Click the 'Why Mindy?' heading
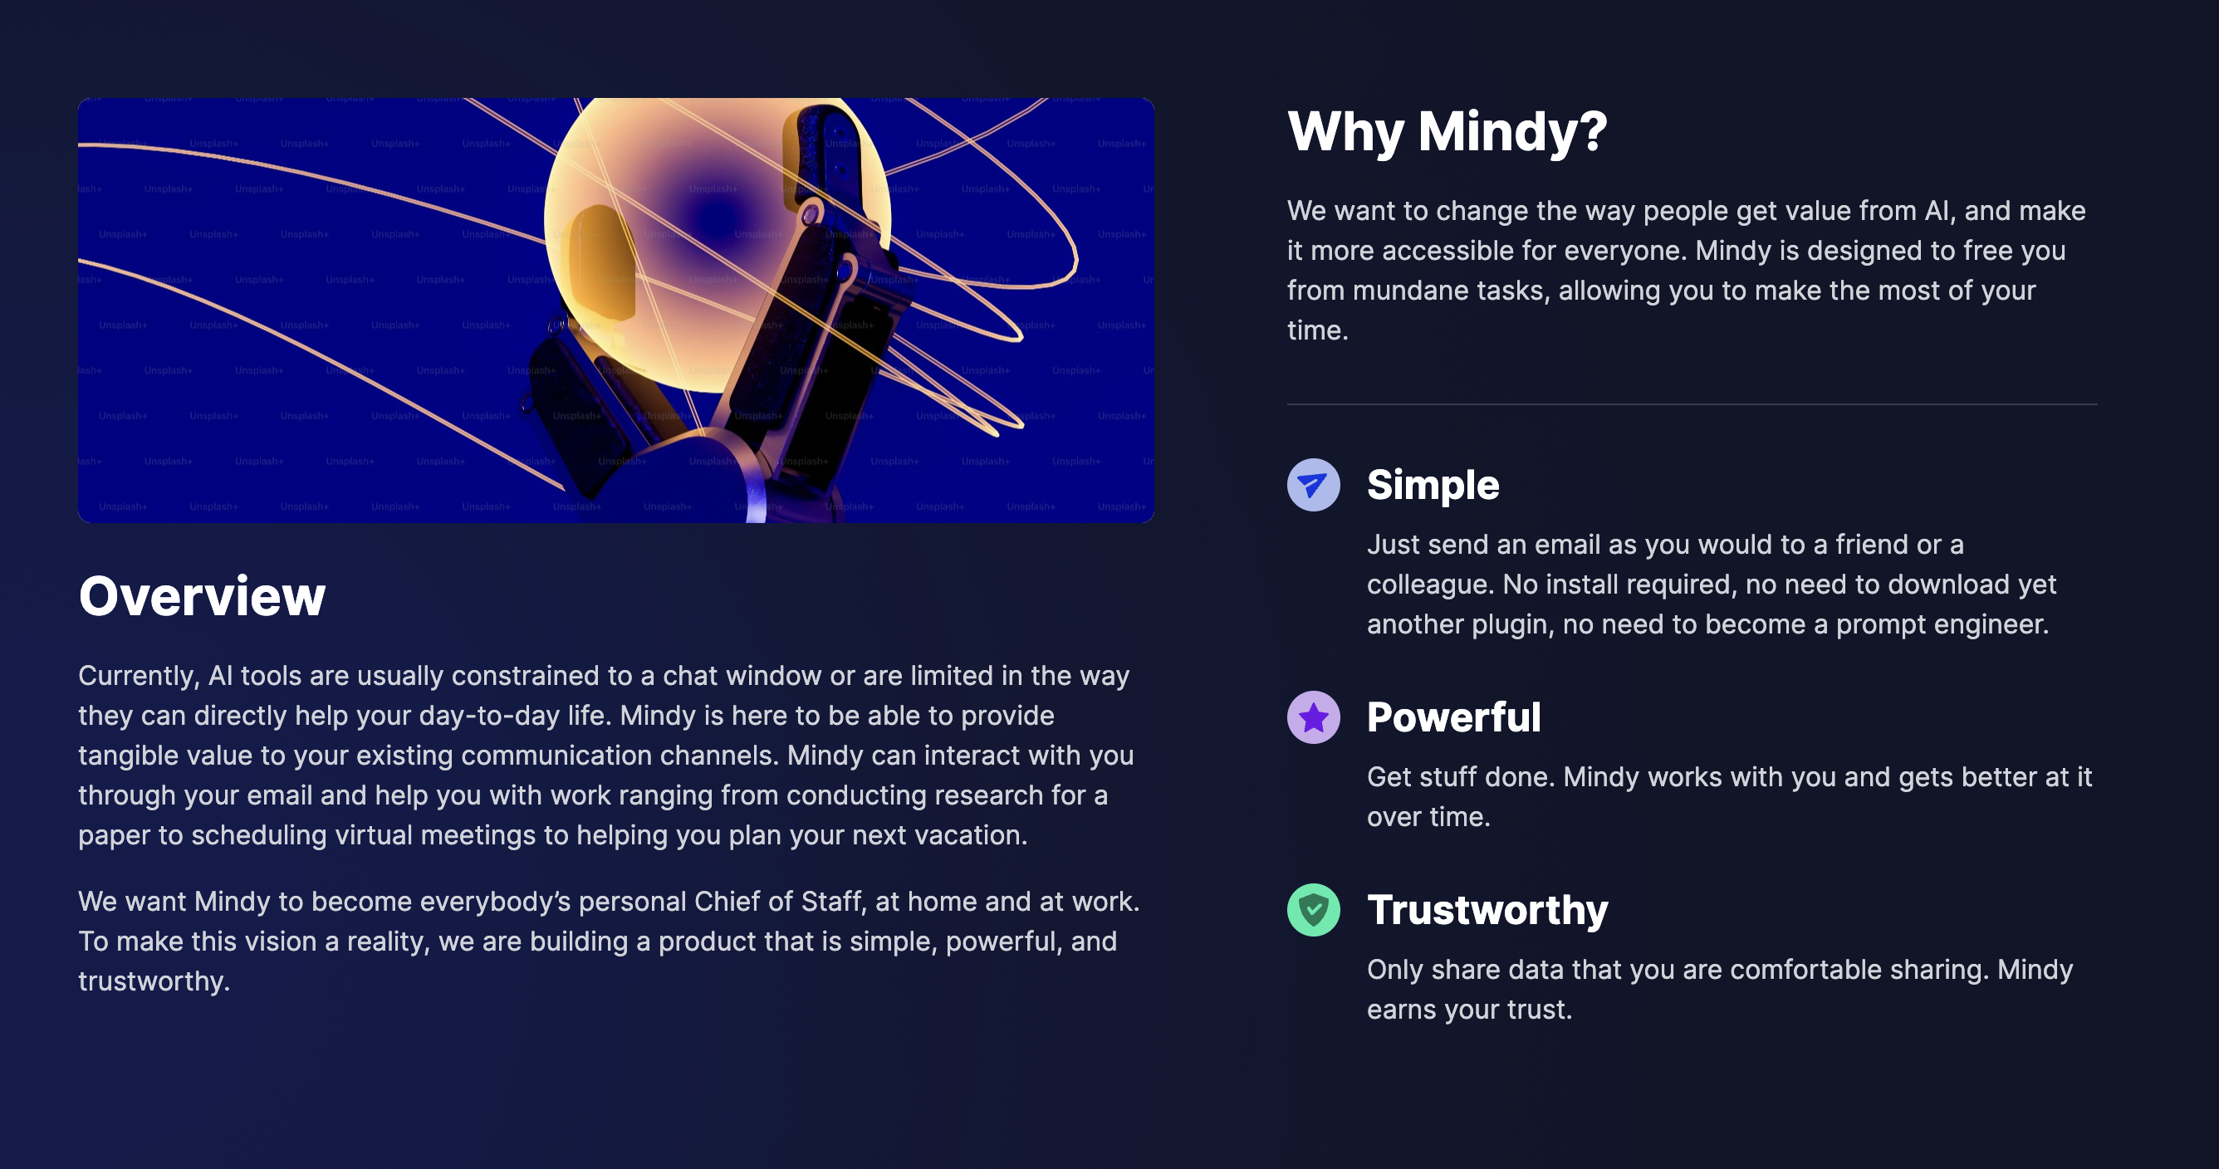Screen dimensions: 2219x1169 pos(1447,132)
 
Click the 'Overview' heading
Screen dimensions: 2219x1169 pos(203,595)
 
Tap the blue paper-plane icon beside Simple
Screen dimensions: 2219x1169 pos(1314,485)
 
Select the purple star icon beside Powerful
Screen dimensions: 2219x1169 pos(1314,717)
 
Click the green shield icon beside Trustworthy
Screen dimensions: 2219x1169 pos(1314,911)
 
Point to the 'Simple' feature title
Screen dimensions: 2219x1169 pos(1433,485)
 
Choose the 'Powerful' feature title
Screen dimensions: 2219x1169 pos(1454,717)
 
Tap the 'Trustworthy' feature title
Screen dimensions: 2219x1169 pos(1487,911)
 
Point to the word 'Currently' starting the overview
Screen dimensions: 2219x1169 pos(137,677)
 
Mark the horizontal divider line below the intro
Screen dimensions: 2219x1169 pos(1692,405)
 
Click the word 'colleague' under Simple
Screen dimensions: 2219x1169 pos(1430,585)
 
